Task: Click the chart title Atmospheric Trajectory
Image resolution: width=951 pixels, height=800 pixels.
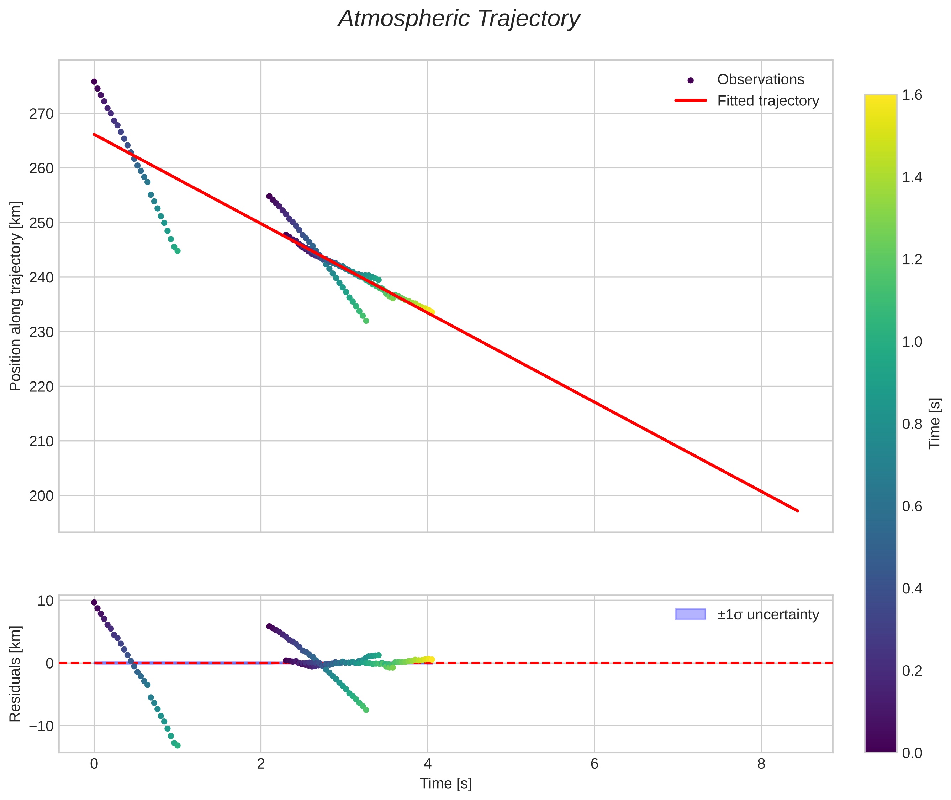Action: pos(459,19)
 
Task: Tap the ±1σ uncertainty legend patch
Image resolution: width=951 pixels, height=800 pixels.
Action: pos(690,614)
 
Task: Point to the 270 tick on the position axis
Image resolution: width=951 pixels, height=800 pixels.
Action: pos(41,114)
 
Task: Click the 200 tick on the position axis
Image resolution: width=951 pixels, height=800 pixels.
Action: pos(41,496)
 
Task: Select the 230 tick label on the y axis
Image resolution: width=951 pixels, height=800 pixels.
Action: pos(41,332)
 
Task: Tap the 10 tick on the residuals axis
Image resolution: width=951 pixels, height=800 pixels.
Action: pos(45,601)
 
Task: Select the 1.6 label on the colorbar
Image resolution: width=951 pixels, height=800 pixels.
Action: pos(912,95)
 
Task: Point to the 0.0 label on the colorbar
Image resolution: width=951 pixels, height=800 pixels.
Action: pos(912,753)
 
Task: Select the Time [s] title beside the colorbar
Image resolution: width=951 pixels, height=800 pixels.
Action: pos(934,423)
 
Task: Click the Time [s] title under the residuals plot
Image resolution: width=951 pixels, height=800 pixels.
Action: pos(445,784)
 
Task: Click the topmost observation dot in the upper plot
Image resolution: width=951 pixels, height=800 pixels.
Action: pos(94,82)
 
